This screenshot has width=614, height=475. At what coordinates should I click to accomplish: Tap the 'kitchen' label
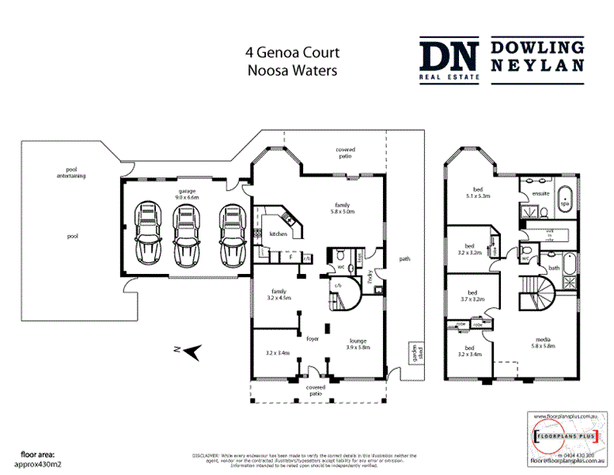click(278, 234)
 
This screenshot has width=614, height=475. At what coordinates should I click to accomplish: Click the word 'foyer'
click(313, 338)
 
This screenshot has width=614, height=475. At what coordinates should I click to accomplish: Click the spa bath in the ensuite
click(565, 198)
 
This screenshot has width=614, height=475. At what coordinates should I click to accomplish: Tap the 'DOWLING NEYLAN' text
click(538, 56)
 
